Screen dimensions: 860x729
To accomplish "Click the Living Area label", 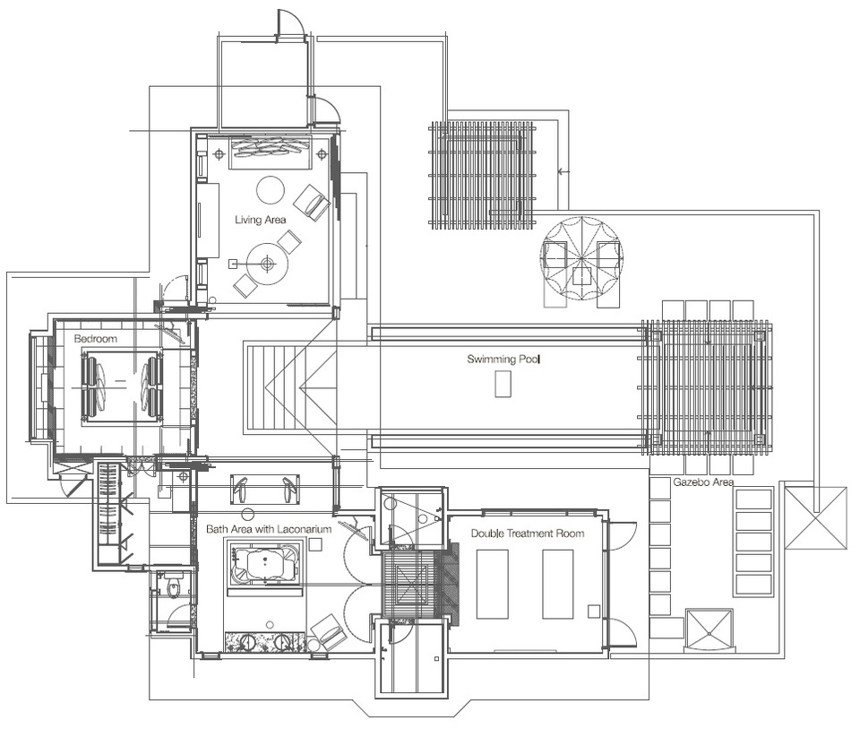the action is pyautogui.click(x=260, y=220).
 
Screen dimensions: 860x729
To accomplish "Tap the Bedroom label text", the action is pyautogui.click(x=96, y=339).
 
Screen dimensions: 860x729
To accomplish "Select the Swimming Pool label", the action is pyautogui.click(x=503, y=359).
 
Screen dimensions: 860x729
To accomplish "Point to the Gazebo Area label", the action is pyautogui.click(x=703, y=482).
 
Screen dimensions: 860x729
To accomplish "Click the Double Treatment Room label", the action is pyautogui.click(x=528, y=533).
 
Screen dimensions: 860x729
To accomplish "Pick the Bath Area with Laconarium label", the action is pyautogui.click(x=269, y=529).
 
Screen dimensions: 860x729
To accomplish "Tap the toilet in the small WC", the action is pyautogui.click(x=174, y=586).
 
